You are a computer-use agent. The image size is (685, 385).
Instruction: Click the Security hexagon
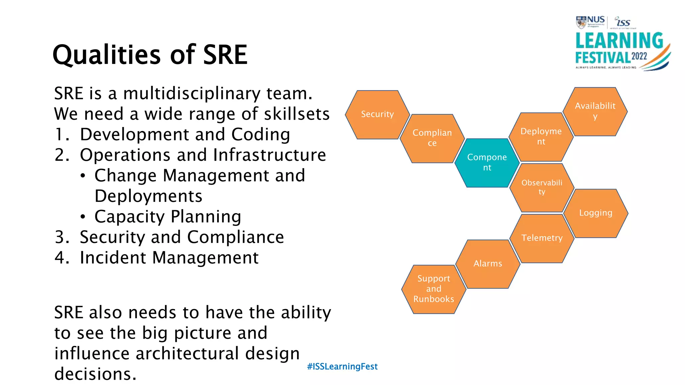[377, 115]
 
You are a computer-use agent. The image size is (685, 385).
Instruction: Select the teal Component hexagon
[487, 163]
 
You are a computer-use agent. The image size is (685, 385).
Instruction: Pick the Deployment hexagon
[541, 137]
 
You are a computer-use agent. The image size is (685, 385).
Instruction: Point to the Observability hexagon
[542, 187]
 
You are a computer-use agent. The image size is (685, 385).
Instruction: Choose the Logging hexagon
[596, 213]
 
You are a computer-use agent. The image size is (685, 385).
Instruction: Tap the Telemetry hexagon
[542, 238]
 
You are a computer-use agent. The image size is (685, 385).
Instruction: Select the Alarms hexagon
[488, 264]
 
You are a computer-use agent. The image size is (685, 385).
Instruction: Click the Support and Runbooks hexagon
[433, 289]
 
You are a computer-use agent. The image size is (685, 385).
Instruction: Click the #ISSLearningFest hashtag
[342, 367]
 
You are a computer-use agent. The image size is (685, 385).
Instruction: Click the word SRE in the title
[225, 55]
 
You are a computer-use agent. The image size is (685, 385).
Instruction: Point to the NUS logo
[590, 22]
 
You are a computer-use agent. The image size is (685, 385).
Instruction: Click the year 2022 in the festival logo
[639, 56]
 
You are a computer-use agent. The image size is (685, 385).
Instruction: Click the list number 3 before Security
[62, 237]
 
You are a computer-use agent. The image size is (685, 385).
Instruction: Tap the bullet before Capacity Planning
[83, 217]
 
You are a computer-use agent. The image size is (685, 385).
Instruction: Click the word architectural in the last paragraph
[187, 354]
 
